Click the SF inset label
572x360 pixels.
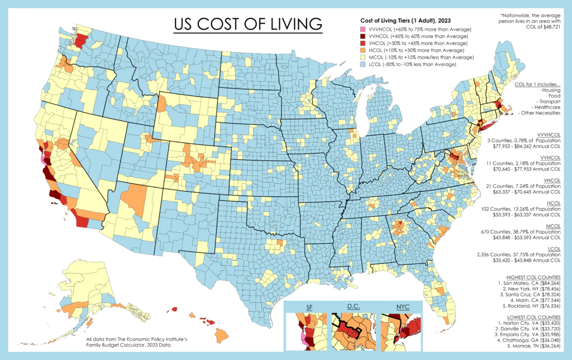pos(309,307)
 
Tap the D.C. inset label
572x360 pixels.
pos(354,307)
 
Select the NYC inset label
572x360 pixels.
pos(402,307)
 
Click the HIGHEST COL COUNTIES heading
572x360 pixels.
pos(533,278)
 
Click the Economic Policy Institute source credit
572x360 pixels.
pos(128,339)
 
